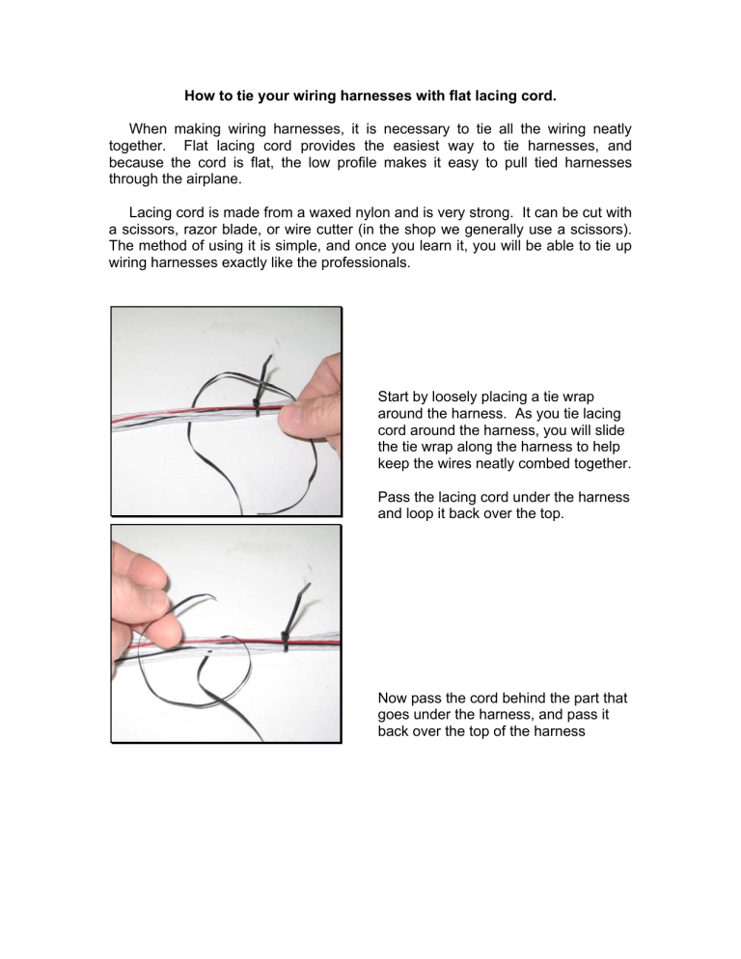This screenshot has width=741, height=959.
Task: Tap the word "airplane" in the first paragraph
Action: point(214,179)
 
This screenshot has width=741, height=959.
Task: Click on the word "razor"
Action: point(202,230)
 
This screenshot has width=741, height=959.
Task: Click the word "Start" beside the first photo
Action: point(393,397)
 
